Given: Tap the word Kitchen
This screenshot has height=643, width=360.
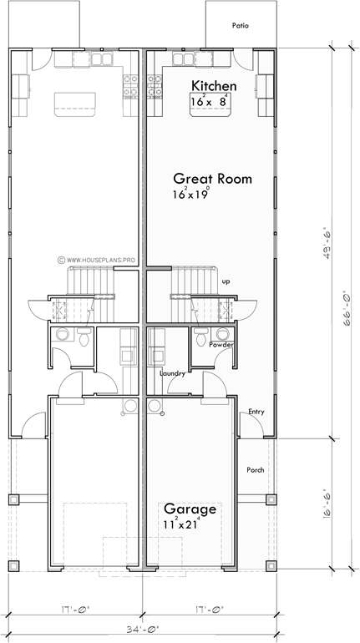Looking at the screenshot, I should (x=215, y=86).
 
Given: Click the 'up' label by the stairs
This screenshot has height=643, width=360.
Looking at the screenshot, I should (x=226, y=281).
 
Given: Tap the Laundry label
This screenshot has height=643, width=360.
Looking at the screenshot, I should (x=172, y=372).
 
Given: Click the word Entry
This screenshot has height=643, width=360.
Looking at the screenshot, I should (x=257, y=412).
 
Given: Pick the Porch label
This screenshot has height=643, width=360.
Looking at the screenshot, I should (x=256, y=470).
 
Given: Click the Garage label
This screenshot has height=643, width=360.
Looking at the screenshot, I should (x=190, y=509).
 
